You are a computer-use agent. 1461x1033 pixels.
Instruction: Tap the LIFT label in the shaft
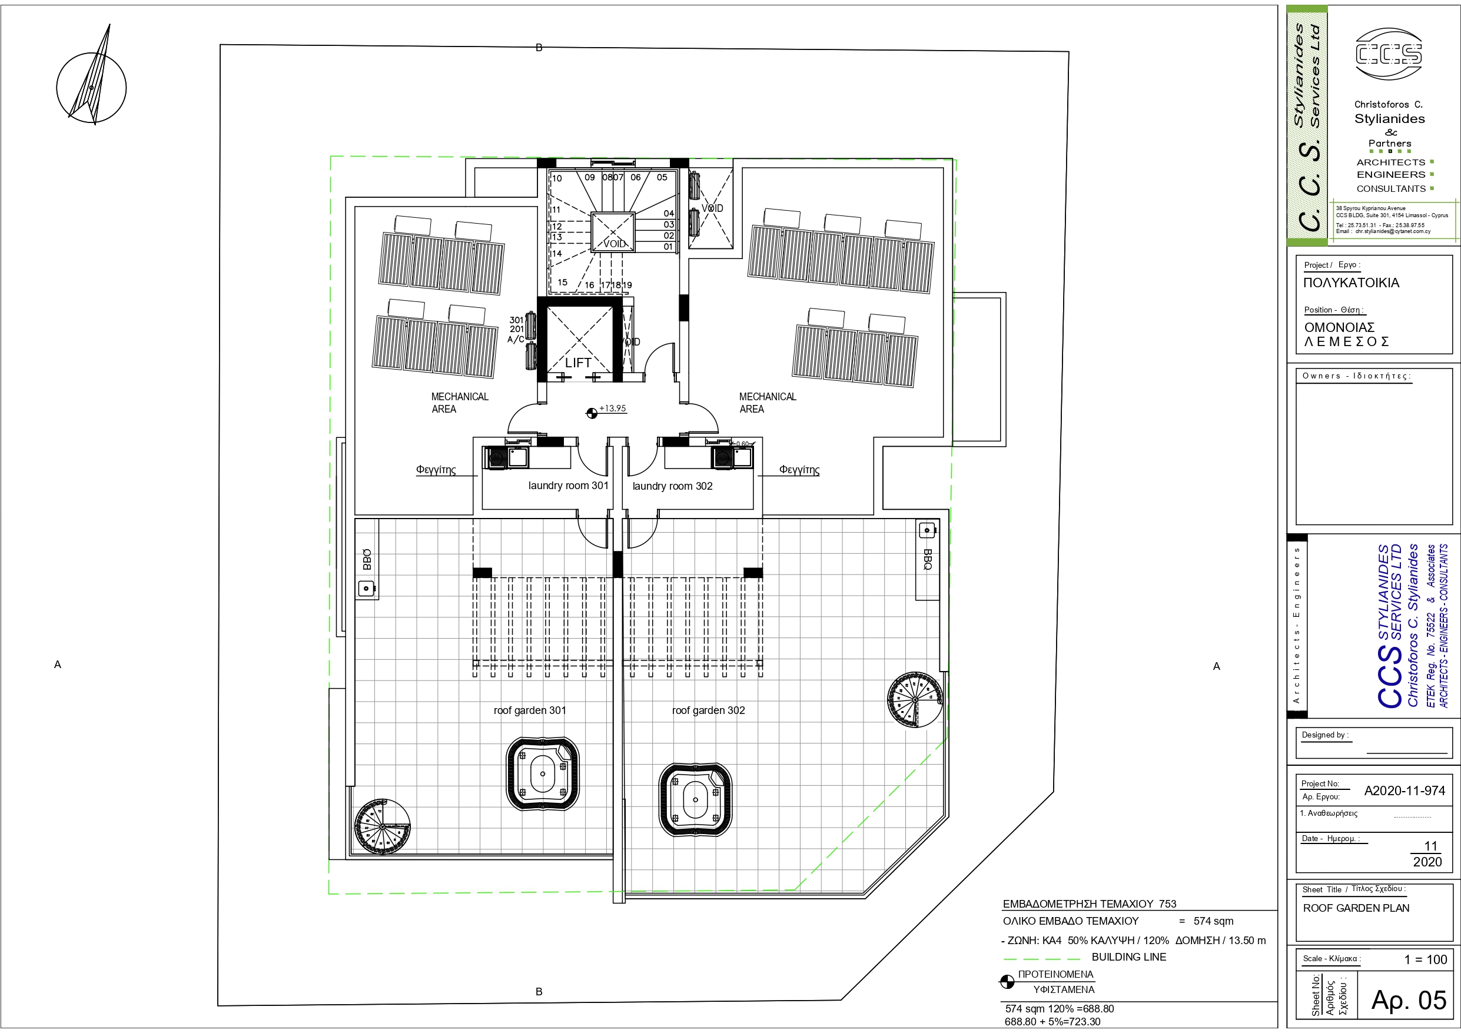tap(578, 363)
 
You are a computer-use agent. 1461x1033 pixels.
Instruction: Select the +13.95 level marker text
tap(612, 408)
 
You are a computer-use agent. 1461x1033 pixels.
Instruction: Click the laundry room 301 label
tap(567, 486)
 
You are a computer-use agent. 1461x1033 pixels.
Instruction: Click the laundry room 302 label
tap(672, 486)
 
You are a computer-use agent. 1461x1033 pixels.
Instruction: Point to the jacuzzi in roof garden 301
tap(543, 774)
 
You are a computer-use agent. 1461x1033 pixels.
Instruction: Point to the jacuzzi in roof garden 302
tap(695, 800)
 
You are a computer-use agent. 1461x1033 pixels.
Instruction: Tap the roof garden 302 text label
tap(708, 710)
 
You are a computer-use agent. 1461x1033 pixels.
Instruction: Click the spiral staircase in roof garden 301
tap(382, 826)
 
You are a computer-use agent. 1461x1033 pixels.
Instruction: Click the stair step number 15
tap(562, 282)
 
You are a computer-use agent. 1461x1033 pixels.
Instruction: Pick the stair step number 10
tap(557, 178)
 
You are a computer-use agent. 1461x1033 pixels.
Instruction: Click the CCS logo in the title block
tap(1389, 54)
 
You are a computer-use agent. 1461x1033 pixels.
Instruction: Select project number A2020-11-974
tap(1404, 790)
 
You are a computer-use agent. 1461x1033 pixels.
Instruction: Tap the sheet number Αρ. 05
tap(1408, 1000)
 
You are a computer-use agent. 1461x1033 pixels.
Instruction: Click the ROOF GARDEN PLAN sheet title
tap(1356, 908)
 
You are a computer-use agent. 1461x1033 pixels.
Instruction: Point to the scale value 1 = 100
tap(1425, 959)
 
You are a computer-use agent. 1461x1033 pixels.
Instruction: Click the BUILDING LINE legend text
tap(1128, 956)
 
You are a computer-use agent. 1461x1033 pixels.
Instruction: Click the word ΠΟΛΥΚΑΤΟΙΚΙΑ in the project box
tap(1351, 283)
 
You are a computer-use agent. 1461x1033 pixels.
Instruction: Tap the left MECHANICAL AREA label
tap(459, 402)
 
